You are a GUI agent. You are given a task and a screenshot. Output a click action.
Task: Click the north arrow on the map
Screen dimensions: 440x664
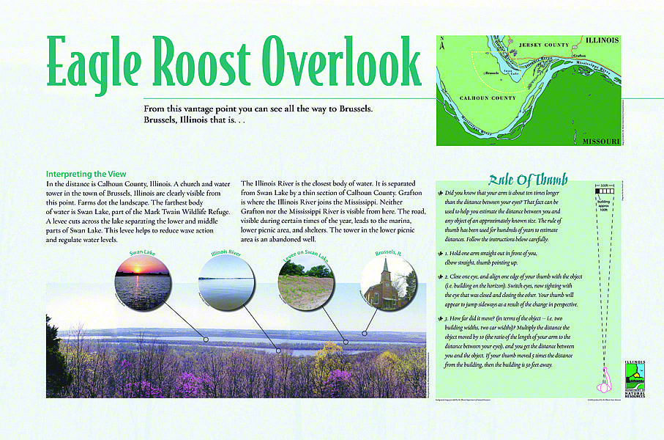442,45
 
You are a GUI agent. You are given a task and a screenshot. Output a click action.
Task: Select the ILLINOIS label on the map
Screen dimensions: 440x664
601,40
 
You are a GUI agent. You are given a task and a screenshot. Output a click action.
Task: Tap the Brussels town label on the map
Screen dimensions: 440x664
492,73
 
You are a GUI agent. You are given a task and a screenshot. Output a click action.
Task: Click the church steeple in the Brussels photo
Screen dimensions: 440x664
386,266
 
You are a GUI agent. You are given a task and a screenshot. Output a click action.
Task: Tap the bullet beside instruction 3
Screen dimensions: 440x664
440,318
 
